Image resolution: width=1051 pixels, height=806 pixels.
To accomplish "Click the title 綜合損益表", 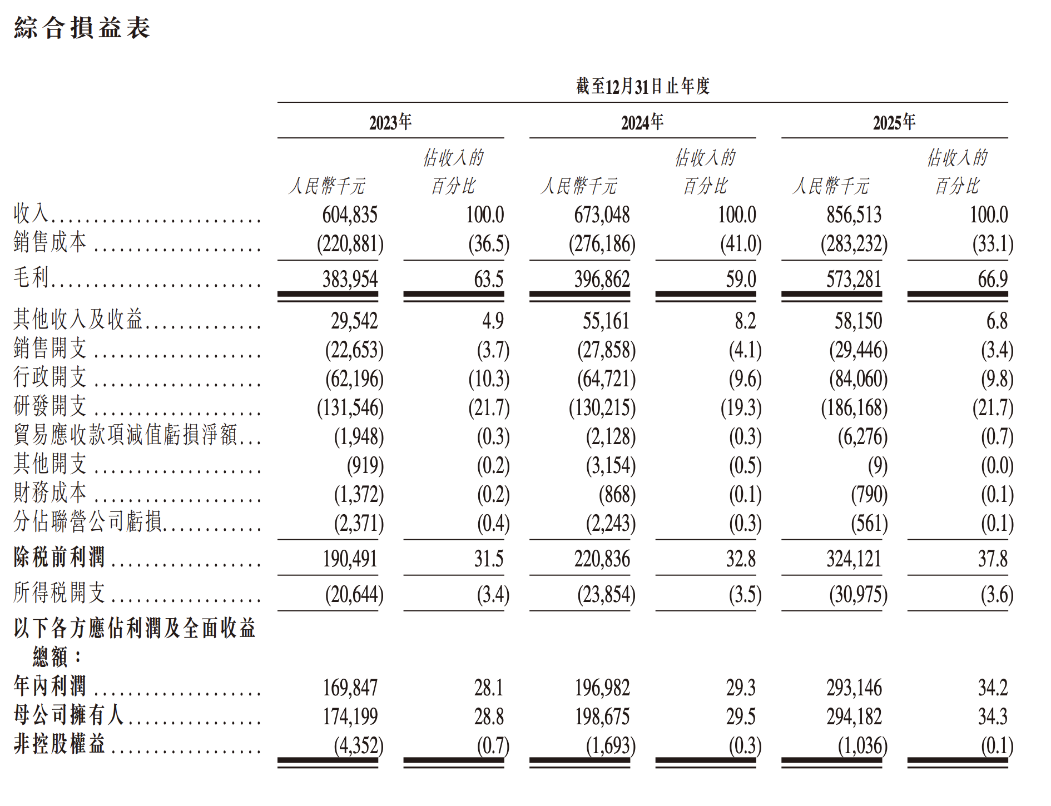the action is [82, 28].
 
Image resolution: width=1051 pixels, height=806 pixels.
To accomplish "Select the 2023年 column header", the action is [390, 122].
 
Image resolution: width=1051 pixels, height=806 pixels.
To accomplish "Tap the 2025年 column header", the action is [894, 122].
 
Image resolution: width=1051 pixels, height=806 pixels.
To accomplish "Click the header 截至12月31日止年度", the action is [643, 86].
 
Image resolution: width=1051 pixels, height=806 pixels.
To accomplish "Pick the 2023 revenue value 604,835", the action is [350, 215].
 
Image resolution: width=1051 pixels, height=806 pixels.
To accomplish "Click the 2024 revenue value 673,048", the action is [602, 215].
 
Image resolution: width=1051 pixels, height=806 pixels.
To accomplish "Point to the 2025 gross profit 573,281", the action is [854, 279].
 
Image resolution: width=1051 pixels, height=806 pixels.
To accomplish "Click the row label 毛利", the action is [32, 277].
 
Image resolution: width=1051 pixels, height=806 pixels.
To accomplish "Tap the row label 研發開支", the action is [51, 406].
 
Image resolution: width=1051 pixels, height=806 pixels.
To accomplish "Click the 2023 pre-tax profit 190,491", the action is [350, 559].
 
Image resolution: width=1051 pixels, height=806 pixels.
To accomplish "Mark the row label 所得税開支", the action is [60, 593].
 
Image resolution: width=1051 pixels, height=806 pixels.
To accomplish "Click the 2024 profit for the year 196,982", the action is [602, 688].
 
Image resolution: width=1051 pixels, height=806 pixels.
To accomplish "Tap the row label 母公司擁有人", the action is [68, 715].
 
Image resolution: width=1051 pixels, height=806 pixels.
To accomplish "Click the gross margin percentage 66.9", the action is [993, 279].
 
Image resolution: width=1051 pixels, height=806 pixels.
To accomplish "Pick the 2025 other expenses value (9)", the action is [878, 466].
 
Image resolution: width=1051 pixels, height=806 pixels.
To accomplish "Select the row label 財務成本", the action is [51, 493].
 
